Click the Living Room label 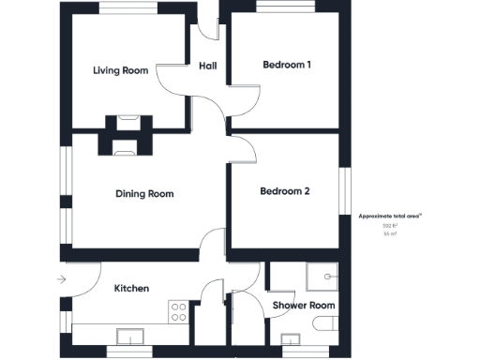click(122, 69)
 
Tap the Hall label click(208, 66)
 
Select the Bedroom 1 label click(286, 65)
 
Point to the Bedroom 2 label click(284, 191)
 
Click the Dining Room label click(144, 194)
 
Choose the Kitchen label click(131, 289)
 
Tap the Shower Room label click(303, 306)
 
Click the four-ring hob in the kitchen click(177, 311)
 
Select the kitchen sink click(128, 335)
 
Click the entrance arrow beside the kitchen click(62, 278)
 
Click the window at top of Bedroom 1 click(285, 8)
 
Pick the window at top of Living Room click(128, 8)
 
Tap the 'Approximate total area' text click(390, 216)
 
